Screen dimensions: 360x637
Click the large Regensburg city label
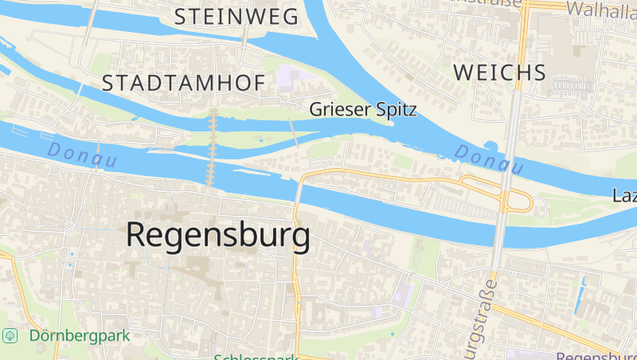tap(217, 236)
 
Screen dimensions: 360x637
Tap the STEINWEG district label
tap(236, 16)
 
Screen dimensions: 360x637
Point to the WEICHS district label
tap(499, 72)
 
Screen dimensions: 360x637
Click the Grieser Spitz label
tap(363, 110)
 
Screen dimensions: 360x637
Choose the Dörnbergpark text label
tap(80, 335)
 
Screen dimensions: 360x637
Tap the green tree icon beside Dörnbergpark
tap(10, 335)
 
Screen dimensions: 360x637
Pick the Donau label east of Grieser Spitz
tap(489, 158)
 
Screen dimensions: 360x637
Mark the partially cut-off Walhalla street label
tap(600, 9)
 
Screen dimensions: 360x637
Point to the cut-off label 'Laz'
tap(625, 195)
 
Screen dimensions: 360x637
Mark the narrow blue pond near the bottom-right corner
tap(588, 292)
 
